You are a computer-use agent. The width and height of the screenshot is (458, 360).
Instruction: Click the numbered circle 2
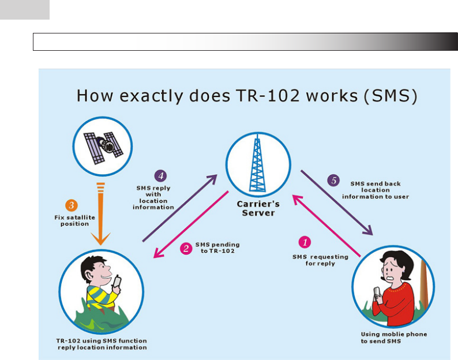coord(186,248)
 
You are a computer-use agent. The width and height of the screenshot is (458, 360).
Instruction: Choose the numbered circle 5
coord(334,180)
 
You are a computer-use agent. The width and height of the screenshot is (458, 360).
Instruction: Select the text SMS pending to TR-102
coord(217,247)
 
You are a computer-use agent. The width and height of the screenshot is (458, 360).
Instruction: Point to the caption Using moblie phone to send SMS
coord(394,337)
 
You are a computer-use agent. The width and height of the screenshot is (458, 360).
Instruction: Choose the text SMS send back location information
coord(376,189)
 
